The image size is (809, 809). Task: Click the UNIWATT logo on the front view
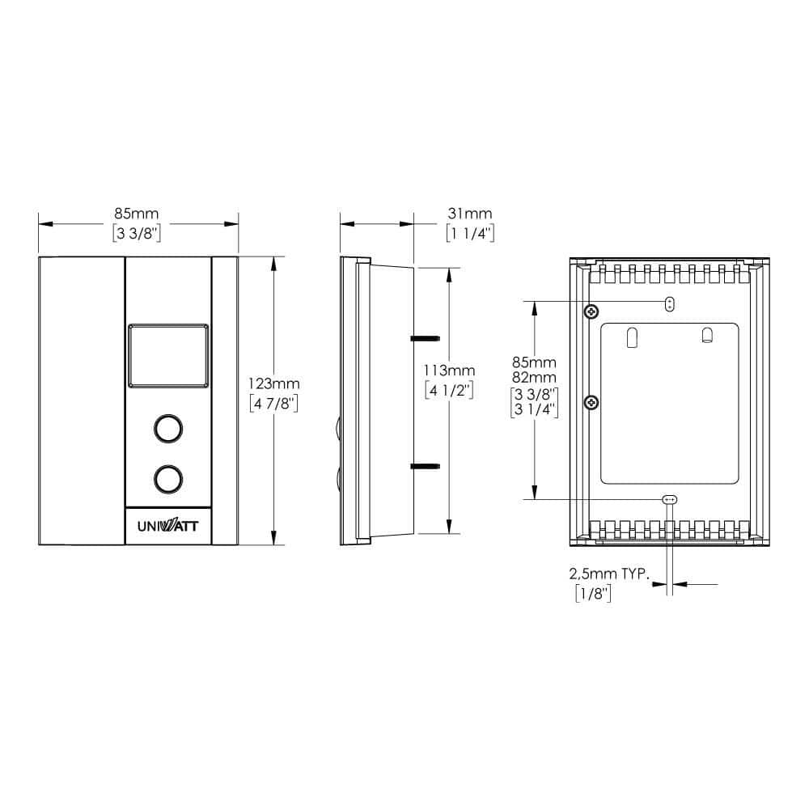click(167, 526)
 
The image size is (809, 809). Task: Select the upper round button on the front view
click(167, 429)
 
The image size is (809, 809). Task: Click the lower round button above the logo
click(167, 478)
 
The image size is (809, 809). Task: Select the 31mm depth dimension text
click(469, 214)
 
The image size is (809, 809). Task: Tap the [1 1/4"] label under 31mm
click(469, 234)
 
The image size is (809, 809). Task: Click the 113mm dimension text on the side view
click(449, 371)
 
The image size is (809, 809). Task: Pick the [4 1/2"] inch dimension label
click(449, 390)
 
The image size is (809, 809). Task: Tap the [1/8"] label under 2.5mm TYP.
click(592, 595)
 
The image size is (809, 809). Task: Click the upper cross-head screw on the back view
click(592, 311)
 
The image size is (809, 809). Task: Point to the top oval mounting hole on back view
click(669, 304)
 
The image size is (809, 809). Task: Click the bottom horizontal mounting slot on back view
click(669, 499)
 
